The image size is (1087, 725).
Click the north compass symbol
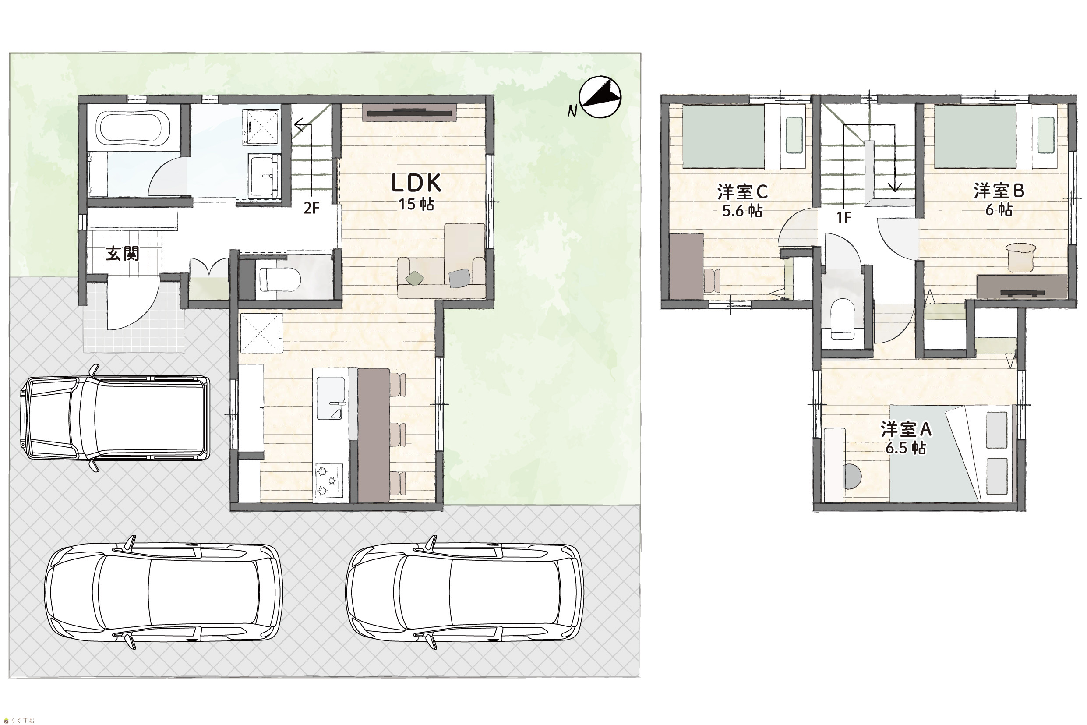600,98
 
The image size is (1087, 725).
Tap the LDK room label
416,183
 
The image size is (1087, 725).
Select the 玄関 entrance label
122,253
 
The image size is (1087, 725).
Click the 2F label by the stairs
311,208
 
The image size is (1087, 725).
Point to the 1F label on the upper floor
844,217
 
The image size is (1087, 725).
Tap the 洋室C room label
742,191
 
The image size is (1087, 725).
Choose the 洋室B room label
999,191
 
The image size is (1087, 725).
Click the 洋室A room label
906,429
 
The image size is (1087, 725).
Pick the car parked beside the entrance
115,418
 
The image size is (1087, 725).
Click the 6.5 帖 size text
906,448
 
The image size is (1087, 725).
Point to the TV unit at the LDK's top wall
409,112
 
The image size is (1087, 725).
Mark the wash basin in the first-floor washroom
265,176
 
